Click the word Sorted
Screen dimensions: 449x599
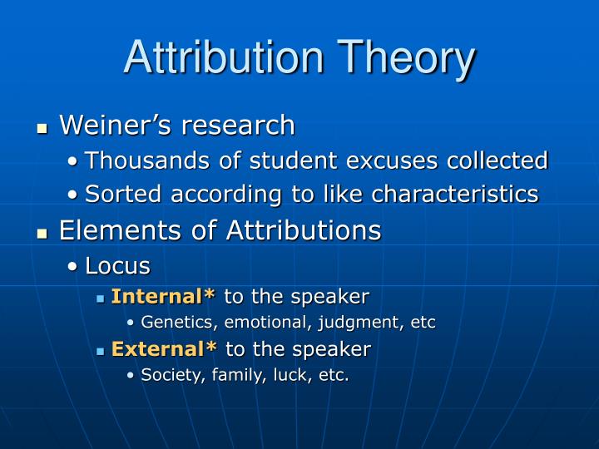pyautogui.click(x=120, y=194)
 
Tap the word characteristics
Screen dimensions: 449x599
pyautogui.click(x=454, y=194)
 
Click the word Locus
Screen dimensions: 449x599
pyautogui.click(x=117, y=266)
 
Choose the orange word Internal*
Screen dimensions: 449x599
pyautogui.click(x=163, y=296)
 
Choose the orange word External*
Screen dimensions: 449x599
pyautogui.click(x=164, y=348)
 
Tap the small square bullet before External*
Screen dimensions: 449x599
pyautogui.click(x=100, y=350)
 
